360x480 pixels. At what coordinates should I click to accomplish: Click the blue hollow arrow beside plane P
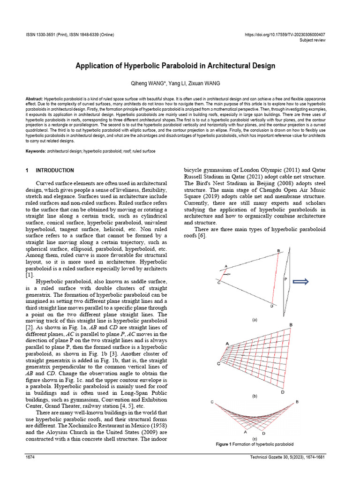click(300, 281)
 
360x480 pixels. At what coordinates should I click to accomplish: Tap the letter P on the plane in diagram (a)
click(285, 279)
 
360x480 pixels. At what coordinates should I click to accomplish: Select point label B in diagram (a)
click(278, 251)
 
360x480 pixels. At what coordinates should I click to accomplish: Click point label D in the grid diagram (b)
click(283, 391)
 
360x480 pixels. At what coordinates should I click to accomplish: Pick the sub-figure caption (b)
click(255, 396)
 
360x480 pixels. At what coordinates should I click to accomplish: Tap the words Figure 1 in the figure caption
click(224, 444)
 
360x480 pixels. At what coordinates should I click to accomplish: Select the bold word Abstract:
click(34, 100)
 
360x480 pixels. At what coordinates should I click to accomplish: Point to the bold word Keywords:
click(36, 151)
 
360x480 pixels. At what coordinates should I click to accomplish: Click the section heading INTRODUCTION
click(55, 170)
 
